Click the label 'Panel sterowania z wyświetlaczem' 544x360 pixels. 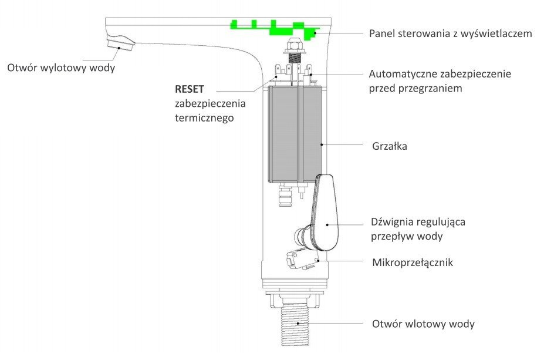coord(450,33)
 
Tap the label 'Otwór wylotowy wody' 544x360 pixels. coord(61,68)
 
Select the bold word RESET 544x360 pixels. coord(189,89)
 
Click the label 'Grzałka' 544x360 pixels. coord(389,146)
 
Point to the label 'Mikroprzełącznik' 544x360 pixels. coord(412,262)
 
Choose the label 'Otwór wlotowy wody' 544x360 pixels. coord(423,324)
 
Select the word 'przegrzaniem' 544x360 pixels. coord(433,89)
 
